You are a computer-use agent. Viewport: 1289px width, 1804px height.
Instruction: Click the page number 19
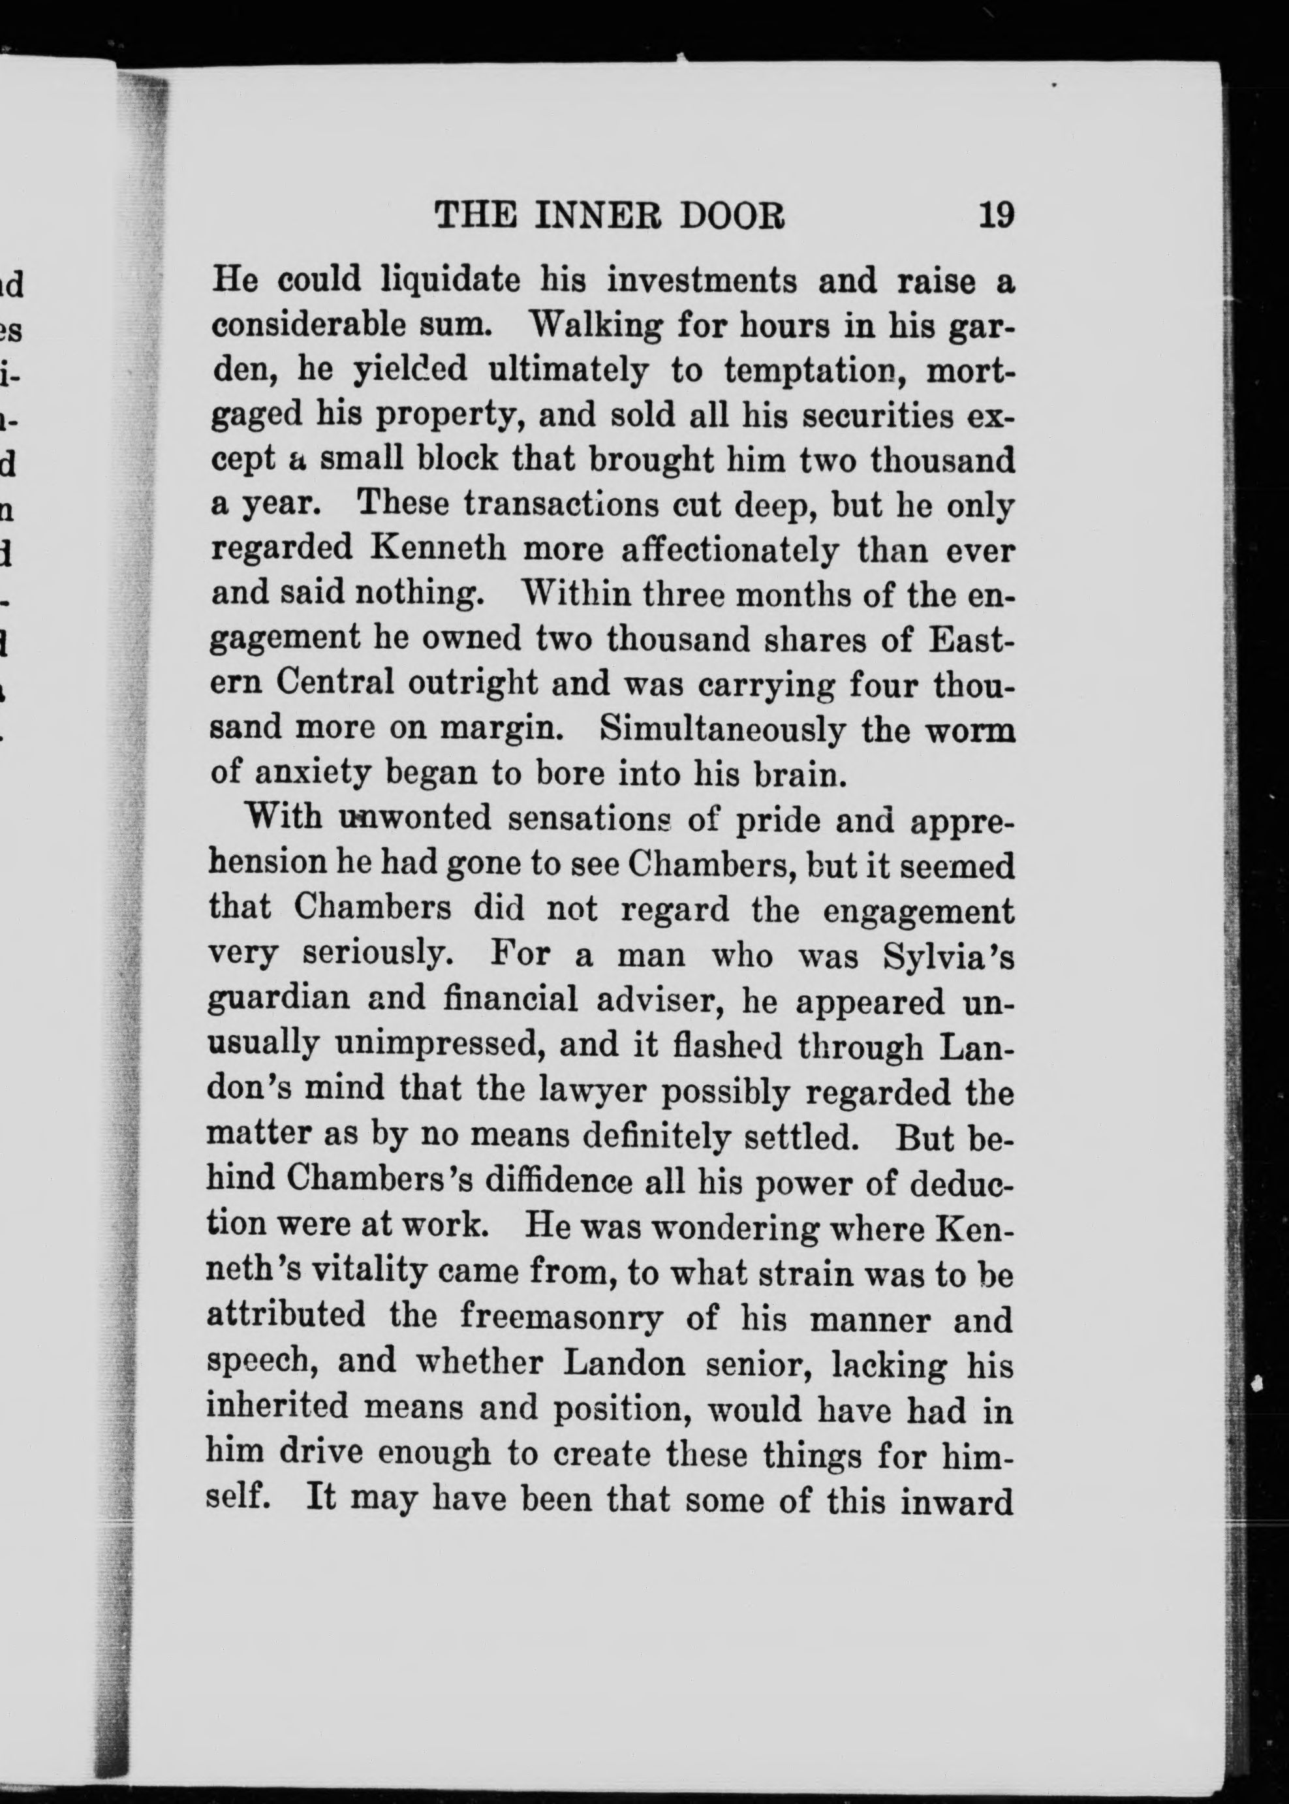click(x=996, y=215)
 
